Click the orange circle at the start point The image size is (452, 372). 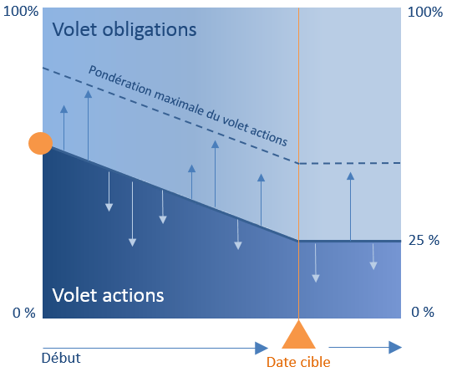point(40,143)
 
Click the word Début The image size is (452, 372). point(61,358)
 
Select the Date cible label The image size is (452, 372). point(298,362)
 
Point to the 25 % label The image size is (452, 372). point(424,240)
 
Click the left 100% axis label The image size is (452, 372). point(21,12)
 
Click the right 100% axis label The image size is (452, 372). point(425,12)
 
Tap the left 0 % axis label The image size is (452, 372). point(24,313)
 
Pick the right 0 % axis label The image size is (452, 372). point(423,312)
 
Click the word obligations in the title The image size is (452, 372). point(150,30)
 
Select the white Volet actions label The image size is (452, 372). point(108,295)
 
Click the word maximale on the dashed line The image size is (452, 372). point(179,103)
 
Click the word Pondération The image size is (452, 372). point(120,80)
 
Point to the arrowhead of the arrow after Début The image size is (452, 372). point(262,348)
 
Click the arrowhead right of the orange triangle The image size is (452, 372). point(395,347)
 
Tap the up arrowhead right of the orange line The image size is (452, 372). point(351,176)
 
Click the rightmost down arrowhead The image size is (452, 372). point(373,266)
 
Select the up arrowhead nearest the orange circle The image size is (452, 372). point(63,109)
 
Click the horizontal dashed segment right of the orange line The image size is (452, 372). point(350,163)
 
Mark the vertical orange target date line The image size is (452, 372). point(298,163)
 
